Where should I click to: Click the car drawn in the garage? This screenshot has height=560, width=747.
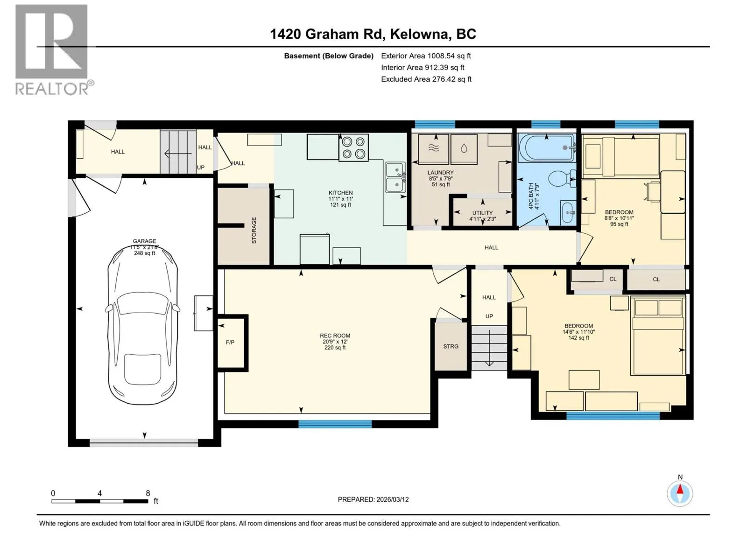click(x=142, y=325)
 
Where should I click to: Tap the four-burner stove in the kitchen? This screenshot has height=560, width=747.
click(x=353, y=147)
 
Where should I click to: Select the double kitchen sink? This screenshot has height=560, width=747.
click(x=395, y=177)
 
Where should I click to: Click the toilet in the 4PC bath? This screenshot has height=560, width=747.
click(x=562, y=179)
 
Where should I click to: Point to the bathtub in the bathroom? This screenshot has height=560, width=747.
click(x=547, y=148)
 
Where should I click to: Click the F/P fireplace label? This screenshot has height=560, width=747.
click(x=230, y=343)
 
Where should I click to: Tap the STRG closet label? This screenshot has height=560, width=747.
click(x=451, y=346)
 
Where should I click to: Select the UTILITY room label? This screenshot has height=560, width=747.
click(x=482, y=213)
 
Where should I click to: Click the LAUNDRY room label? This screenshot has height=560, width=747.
click(x=440, y=172)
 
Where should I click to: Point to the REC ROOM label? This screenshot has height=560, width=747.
click(x=335, y=336)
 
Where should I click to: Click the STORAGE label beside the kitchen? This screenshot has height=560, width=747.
click(x=254, y=230)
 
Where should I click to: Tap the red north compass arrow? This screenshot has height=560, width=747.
click(x=680, y=489)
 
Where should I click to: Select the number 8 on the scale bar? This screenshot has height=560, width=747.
click(x=148, y=493)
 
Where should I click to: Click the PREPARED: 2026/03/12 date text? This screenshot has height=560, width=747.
click(x=373, y=499)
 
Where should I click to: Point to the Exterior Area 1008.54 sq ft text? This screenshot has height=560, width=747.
click(x=426, y=56)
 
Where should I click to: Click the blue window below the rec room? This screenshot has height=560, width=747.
click(x=335, y=424)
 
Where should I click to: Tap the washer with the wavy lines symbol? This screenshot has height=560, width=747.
click(x=433, y=149)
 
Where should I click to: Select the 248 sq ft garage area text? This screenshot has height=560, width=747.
click(x=144, y=253)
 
